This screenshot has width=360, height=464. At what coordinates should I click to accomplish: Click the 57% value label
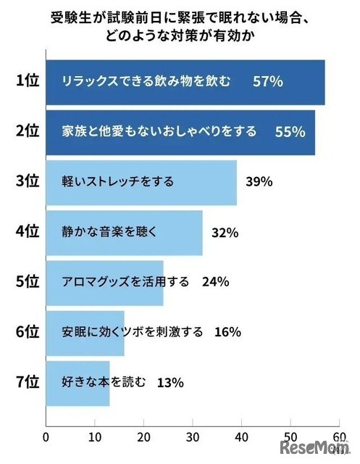(x=267, y=82)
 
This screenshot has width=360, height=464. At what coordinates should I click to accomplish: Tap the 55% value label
(x=290, y=132)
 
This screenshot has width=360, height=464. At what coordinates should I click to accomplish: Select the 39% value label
(x=259, y=182)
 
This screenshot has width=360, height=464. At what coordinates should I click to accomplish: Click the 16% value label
(x=227, y=332)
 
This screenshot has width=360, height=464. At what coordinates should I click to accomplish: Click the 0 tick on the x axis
(x=46, y=437)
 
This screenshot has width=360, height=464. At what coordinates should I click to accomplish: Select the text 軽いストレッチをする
(x=117, y=182)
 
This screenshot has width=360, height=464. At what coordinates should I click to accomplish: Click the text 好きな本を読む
(x=104, y=381)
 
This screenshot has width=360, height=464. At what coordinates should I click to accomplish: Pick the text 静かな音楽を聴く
(x=105, y=232)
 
